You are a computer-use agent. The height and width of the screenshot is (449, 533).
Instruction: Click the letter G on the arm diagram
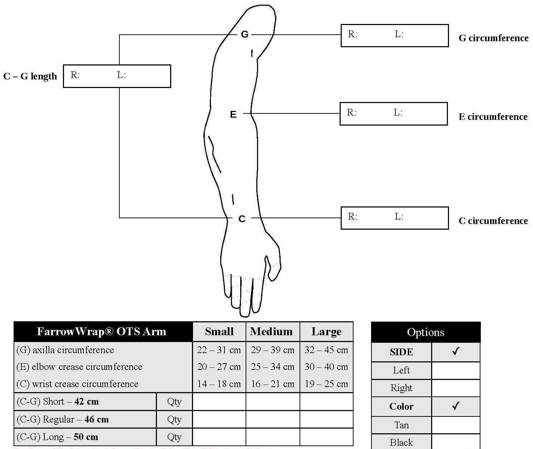pyautogui.click(x=245, y=34)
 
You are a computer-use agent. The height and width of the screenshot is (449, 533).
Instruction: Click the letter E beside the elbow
pyautogui.click(x=233, y=114)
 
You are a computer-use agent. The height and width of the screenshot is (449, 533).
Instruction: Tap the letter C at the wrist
pyautogui.click(x=242, y=219)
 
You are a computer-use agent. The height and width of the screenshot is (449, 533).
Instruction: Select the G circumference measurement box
pyautogui.click(x=394, y=35)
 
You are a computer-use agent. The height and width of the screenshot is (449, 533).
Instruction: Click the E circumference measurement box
pyautogui.click(x=393, y=114)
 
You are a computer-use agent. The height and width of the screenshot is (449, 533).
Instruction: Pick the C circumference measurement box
pyautogui.click(x=394, y=218)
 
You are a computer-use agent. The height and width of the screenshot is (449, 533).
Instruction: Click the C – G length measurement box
pyautogui.click(x=117, y=76)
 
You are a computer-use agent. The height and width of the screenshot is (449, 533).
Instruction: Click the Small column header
pyautogui.click(x=219, y=331)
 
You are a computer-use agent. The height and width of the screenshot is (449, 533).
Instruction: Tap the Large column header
pyautogui.click(x=326, y=331)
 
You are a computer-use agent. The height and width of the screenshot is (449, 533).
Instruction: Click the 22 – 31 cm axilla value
pyautogui.click(x=219, y=350)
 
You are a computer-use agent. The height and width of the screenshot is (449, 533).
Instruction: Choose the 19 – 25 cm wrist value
pyautogui.click(x=326, y=384)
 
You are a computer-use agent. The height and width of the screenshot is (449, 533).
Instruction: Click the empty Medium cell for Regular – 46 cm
pyautogui.click(x=272, y=419)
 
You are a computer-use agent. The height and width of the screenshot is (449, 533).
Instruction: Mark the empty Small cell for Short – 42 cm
pyautogui.click(x=219, y=401)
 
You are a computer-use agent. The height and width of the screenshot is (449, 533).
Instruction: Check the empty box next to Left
pyautogui.click(x=455, y=370)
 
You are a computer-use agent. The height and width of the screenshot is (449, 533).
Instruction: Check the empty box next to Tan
pyautogui.click(x=455, y=425)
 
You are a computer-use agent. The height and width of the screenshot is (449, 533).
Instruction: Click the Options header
pyautogui.click(x=425, y=332)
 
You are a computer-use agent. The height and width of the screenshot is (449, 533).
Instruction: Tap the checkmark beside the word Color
pyautogui.click(x=455, y=406)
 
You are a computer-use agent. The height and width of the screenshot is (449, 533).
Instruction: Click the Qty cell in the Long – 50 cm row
pyautogui.click(x=174, y=437)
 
